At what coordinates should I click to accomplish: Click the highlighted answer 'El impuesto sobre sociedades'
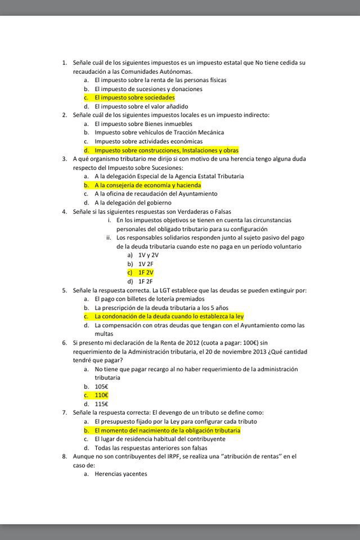tap(134, 98)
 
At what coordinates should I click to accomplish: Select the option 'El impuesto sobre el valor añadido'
tap(142, 106)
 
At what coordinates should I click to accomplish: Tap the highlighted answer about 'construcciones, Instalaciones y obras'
tap(166, 150)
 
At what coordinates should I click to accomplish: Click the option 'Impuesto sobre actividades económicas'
tap(148, 141)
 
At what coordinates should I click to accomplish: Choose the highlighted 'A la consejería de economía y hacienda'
tap(147, 185)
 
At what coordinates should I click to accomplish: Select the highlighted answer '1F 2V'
tap(146, 272)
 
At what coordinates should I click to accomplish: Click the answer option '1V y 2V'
tap(148, 255)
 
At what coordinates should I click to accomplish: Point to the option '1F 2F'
tap(145, 281)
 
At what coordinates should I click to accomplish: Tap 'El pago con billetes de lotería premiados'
tap(150, 299)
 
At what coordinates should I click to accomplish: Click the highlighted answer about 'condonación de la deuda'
tap(169, 316)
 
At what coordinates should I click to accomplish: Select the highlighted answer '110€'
tap(101, 395)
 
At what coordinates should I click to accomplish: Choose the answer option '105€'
tap(101, 386)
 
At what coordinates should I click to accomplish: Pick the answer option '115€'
tap(101, 404)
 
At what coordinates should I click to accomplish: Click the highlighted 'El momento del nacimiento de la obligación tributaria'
tap(168, 430)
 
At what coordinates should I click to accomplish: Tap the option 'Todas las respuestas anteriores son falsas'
tap(151, 448)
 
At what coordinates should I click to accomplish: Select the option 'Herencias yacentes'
tap(121, 474)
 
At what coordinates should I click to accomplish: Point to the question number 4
tap(64, 211)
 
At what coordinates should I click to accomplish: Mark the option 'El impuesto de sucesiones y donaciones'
tap(148, 89)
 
